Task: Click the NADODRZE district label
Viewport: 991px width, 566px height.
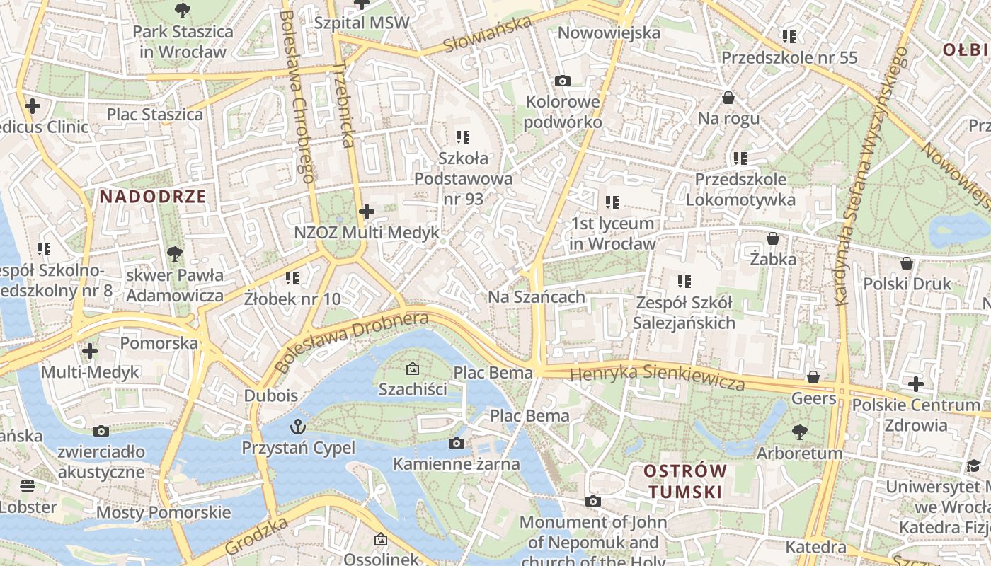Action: (x=153, y=197)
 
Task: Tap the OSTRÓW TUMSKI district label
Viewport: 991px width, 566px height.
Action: (x=684, y=481)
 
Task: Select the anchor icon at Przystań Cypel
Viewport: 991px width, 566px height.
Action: (x=298, y=427)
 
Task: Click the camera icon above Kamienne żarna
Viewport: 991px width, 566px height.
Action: (x=457, y=444)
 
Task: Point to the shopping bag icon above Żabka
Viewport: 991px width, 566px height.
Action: (x=773, y=239)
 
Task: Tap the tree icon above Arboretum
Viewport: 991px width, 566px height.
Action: (x=800, y=432)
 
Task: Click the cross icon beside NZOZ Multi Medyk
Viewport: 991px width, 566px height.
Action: (x=367, y=212)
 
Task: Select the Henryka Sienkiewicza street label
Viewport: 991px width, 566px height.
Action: (x=658, y=376)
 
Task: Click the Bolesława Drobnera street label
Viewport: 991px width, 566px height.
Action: (x=351, y=342)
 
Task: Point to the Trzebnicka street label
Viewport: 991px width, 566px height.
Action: (x=343, y=104)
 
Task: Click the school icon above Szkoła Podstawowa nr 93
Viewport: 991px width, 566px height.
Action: (x=463, y=137)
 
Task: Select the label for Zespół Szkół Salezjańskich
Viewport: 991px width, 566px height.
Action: (x=684, y=313)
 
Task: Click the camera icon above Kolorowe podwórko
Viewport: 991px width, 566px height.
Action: (x=563, y=81)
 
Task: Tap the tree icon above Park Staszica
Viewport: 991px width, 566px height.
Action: (x=183, y=10)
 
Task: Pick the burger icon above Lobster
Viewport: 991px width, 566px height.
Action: (x=28, y=486)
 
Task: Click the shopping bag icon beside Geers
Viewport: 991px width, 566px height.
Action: (x=813, y=378)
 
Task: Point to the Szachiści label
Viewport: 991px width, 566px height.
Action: (x=413, y=389)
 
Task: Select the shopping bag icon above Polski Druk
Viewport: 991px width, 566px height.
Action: (x=907, y=264)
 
